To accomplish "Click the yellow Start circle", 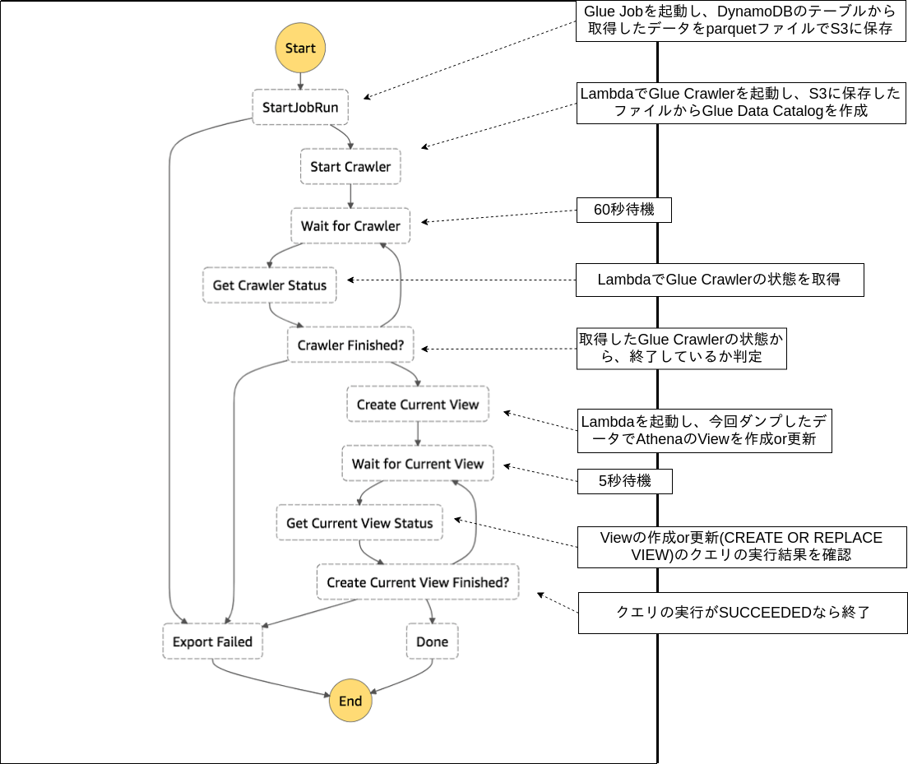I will click(300, 48).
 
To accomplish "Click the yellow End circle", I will click(350, 701).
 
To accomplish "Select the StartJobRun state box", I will click(300, 107).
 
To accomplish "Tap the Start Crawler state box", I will click(350, 167).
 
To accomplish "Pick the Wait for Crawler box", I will click(350, 226).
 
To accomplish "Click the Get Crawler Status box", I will click(270, 285).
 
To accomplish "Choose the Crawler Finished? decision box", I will click(350, 345).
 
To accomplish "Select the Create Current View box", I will click(418, 405).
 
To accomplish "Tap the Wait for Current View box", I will click(418, 464).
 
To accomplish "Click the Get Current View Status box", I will click(359, 523).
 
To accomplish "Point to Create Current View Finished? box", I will click(418, 582).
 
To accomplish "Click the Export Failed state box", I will click(213, 641).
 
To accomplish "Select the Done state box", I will click(432, 641).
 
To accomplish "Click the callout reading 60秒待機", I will click(623, 210).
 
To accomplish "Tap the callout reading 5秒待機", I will click(623, 481).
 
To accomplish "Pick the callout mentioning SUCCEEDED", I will click(742, 613).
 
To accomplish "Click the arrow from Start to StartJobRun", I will click(300, 81).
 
